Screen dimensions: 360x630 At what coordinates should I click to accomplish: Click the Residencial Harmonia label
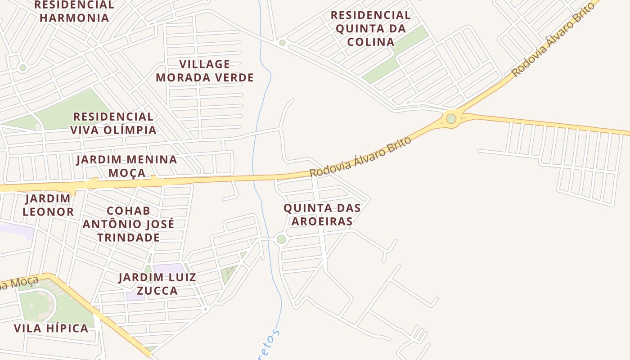[74, 11]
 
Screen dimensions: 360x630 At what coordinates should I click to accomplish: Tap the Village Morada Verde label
[205, 71]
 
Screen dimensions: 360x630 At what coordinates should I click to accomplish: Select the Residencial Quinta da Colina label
[370, 28]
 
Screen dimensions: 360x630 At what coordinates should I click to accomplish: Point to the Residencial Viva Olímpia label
[113, 123]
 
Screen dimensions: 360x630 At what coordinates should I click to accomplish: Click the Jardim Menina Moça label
[127, 166]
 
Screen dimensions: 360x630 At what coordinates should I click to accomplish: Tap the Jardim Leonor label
[48, 205]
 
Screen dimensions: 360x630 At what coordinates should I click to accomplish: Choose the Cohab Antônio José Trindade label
[128, 224]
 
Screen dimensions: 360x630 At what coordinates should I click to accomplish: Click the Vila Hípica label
[51, 328]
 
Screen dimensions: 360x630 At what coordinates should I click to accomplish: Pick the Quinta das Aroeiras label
[322, 215]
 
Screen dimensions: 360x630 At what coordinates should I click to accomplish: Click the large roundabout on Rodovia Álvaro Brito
[451, 119]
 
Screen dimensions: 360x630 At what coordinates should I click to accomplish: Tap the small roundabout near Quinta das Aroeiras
[281, 239]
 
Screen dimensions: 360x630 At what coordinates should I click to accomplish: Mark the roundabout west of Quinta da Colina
[282, 43]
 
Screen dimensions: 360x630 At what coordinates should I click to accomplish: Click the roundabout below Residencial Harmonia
[22, 68]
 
